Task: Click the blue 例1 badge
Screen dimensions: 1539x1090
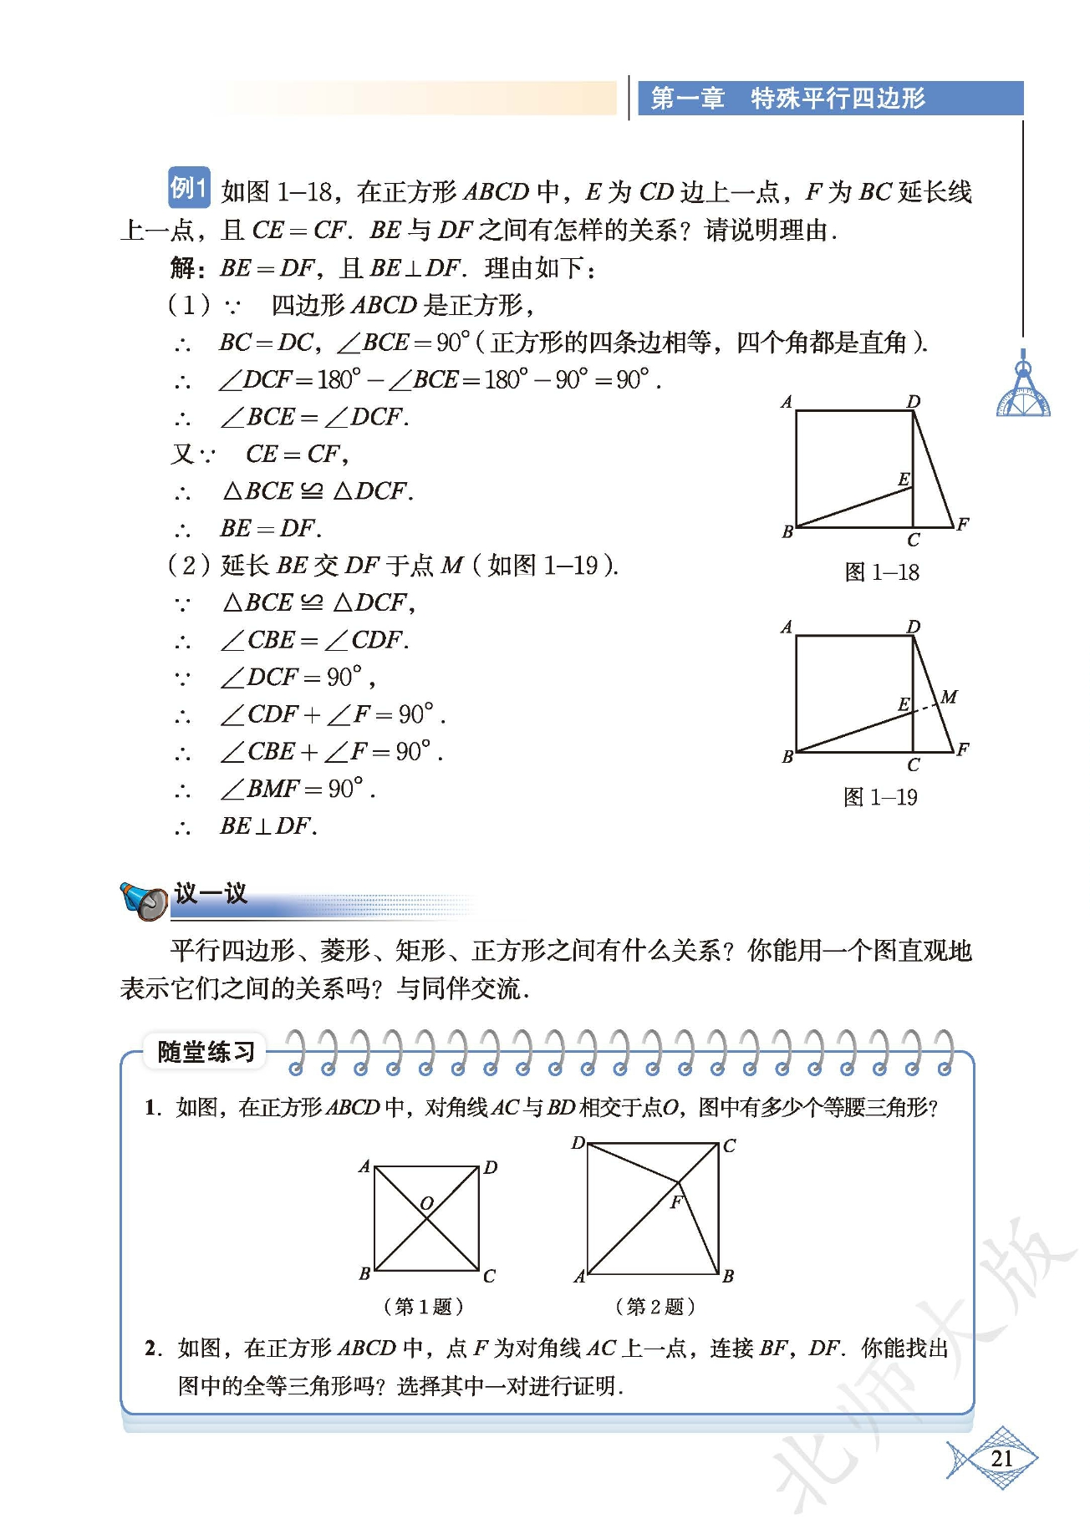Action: (189, 188)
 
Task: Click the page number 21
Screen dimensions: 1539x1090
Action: (1001, 1459)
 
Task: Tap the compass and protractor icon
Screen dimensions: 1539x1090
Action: (1023, 389)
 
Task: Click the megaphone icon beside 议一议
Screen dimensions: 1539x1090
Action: (144, 901)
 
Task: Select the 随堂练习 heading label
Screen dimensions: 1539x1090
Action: (206, 1052)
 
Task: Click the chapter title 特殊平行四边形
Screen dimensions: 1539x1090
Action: (838, 99)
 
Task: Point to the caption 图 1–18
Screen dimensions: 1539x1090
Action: (882, 572)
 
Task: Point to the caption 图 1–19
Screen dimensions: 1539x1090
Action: (880, 797)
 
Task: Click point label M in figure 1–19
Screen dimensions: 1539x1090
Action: (949, 697)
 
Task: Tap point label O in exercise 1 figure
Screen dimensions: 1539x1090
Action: (426, 1204)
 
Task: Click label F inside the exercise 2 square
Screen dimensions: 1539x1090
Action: (675, 1202)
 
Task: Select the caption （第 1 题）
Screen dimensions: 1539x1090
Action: (423, 1306)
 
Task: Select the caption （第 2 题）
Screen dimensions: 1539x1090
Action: (655, 1306)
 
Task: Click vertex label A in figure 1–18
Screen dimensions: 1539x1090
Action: (786, 403)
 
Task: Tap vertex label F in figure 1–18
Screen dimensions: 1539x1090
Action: (962, 524)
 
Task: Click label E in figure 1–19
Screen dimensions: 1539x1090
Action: (904, 704)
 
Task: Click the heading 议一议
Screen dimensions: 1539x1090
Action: (211, 893)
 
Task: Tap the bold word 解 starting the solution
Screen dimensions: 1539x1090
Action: (183, 268)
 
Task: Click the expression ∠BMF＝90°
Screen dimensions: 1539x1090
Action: (298, 789)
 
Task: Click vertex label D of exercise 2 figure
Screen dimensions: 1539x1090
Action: (578, 1142)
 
